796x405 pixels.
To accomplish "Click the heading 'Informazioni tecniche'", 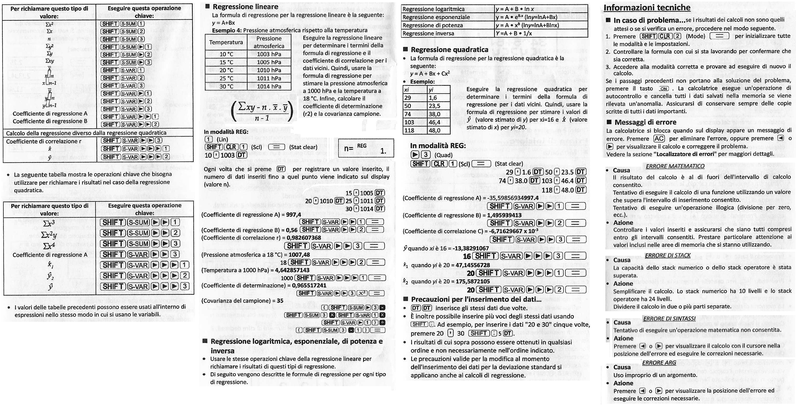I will [x=647, y=8].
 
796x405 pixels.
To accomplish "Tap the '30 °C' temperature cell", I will [x=226, y=87].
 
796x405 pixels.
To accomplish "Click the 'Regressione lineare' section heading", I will [x=245, y=6].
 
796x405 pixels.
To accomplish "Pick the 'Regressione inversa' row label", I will [x=428, y=33].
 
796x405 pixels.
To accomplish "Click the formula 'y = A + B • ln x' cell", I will [x=515, y=9].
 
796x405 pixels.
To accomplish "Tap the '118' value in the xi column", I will [x=409, y=130].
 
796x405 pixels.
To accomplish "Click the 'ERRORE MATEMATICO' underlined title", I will [x=675, y=166].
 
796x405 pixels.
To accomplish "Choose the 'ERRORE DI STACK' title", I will [x=667, y=256].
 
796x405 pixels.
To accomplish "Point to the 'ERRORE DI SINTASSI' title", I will [x=669, y=318].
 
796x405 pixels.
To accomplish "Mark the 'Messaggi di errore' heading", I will [x=645, y=122].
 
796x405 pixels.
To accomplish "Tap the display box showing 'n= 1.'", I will [x=366, y=149].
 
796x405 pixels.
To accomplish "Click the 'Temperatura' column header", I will [x=226, y=42].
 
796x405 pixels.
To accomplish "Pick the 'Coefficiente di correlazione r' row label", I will [x=44, y=141].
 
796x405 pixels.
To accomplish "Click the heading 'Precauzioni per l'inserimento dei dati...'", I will [x=476, y=299].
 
